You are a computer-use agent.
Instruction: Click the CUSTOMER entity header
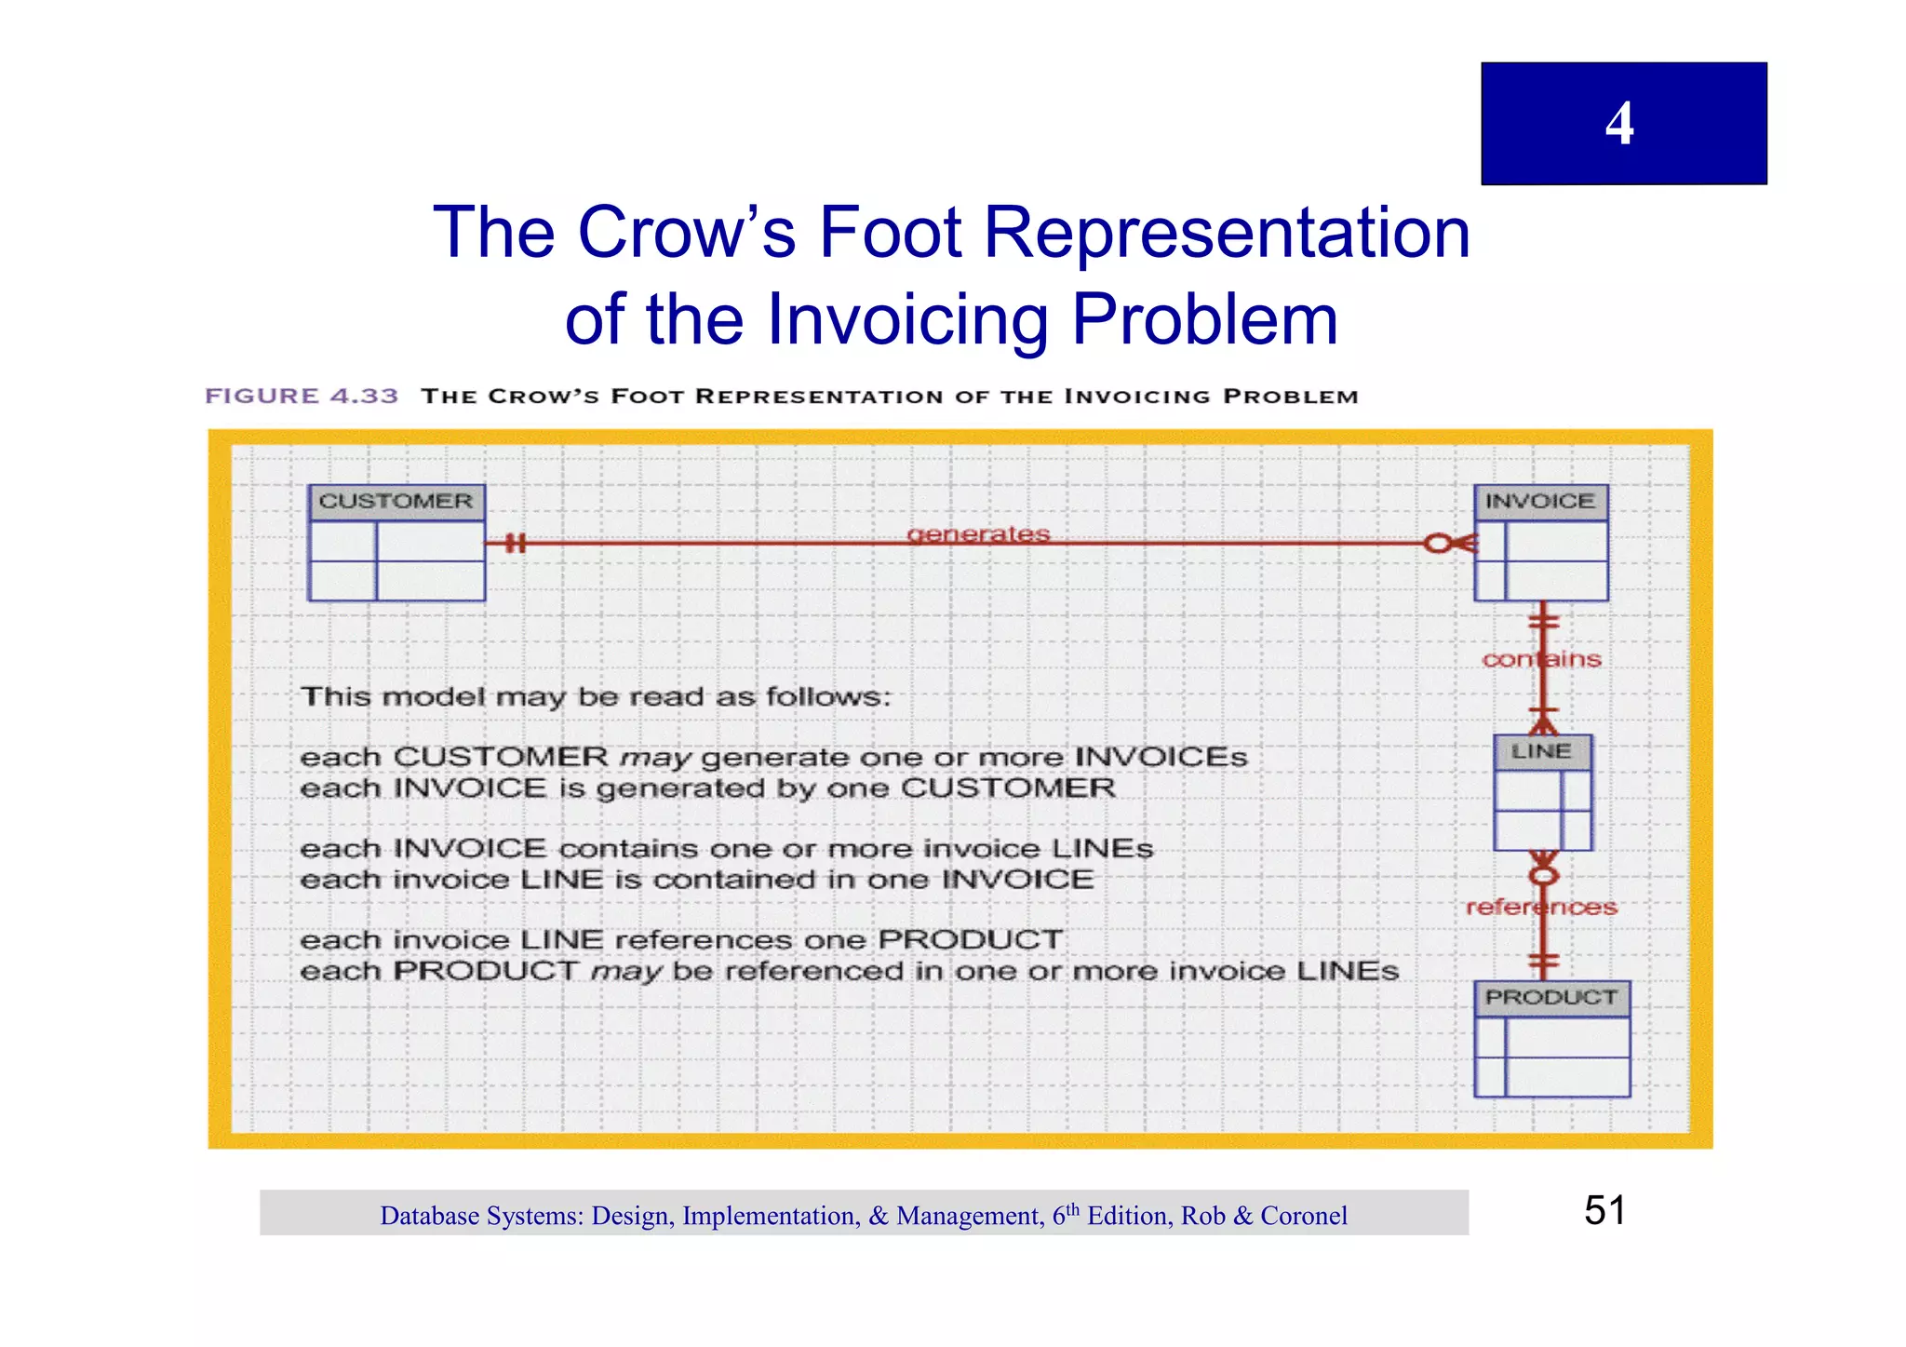tap(396, 502)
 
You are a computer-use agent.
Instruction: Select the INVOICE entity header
tap(1539, 502)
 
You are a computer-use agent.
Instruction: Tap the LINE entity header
tap(1541, 751)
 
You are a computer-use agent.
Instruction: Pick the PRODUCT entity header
tap(1550, 997)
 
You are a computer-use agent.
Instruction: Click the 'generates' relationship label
tap(978, 534)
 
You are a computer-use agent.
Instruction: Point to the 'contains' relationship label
tap(1541, 659)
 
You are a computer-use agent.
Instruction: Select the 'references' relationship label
tap(1541, 907)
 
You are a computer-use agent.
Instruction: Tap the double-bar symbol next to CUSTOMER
tap(515, 543)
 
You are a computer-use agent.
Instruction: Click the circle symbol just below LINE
tap(1543, 876)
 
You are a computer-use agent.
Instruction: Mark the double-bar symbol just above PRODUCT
tap(1543, 960)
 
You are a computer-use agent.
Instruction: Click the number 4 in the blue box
tap(1619, 124)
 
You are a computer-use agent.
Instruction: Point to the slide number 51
tap(1604, 1210)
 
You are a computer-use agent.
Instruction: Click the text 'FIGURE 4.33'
tap(302, 397)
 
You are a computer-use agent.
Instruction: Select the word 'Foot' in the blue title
tap(890, 233)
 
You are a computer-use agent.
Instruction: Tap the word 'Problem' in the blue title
tap(1204, 320)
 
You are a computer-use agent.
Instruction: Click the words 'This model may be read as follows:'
tap(596, 696)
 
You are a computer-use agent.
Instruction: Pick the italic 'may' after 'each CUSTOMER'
tap(654, 758)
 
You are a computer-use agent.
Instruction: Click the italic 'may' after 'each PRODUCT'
tap(625, 972)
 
